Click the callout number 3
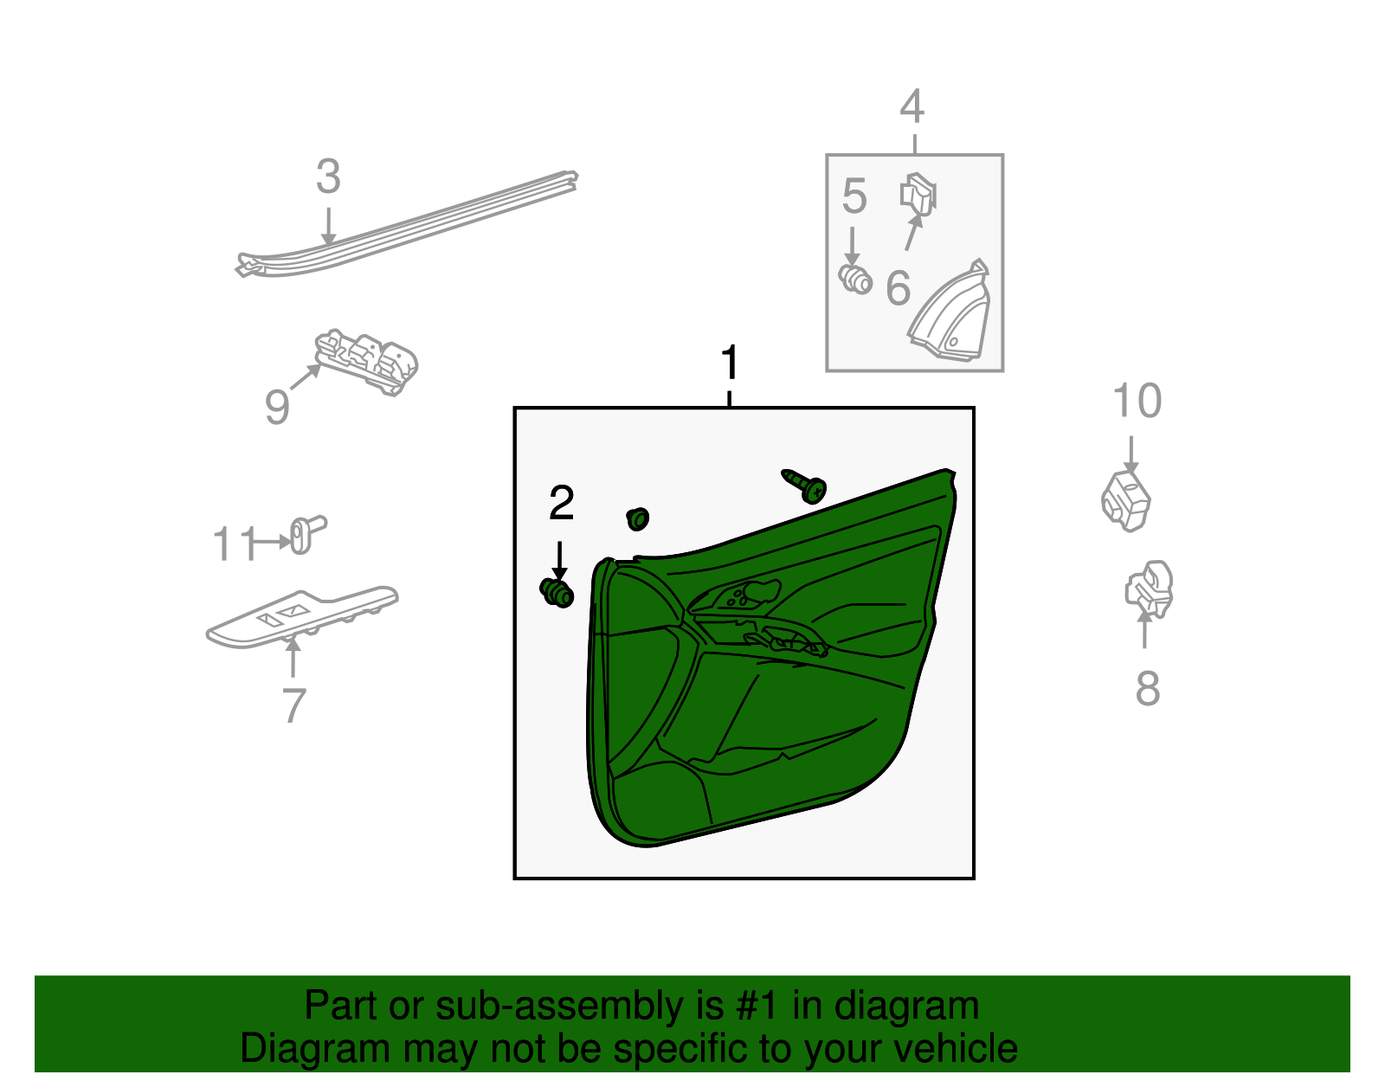coord(328,177)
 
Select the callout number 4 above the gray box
coord(912,106)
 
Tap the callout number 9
coord(277,407)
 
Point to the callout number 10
coord(1137,401)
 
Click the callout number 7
coord(293,705)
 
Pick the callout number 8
coord(1147,689)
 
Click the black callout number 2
coord(562,503)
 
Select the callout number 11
coord(235,544)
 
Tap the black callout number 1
coord(729,363)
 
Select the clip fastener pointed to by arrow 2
coord(557,593)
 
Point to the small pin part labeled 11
coord(308,535)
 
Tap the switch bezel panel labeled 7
coord(302,617)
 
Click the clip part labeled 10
coord(1125,501)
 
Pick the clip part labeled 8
coord(1150,590)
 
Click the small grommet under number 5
coord(854,280)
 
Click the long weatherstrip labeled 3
coord(407,223)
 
